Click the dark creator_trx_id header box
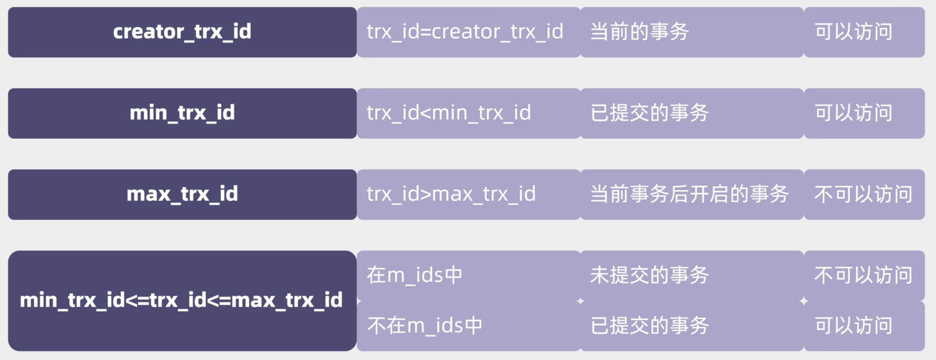pos(182,32)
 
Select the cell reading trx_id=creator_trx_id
pos(468,32)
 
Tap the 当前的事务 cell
pos(692,32)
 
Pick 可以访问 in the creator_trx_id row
pos(864,32)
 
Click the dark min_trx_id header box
pos(182,113)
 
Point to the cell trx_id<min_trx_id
pos(468,113)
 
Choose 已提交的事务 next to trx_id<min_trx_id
pos(692,113)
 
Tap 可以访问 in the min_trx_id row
pos(864,113)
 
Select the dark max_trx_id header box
pos(182,195)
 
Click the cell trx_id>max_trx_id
pos(468,195)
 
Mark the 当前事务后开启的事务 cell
pos(692,195)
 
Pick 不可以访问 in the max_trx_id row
pos(864,195)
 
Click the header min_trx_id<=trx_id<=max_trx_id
pos(182,301)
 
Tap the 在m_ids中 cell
pos(468,276)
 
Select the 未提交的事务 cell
pos(692,276)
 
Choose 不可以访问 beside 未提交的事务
pos(864,276)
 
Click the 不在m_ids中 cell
pos(468,326)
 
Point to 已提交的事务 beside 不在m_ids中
pos(692,326)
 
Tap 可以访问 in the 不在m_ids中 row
pos(864,326)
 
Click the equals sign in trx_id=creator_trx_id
pos(426,32)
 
